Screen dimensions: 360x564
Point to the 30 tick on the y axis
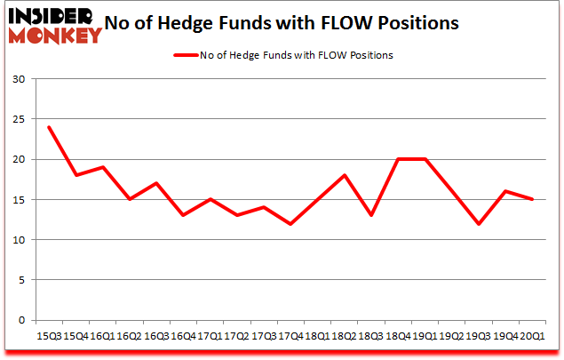pos(19,80)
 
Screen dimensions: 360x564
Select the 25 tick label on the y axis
pos(19,120)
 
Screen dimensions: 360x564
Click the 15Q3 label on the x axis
pos(49,336)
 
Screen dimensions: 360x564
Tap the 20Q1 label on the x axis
pos(531,336)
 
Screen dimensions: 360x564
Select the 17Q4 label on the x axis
pos(290,336)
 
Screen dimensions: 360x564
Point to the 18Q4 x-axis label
pos(397,336)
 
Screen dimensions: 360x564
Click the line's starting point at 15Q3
pos(49,127)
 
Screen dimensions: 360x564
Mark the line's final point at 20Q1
pos(531,199)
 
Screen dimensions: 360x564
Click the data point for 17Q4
pos(290,223)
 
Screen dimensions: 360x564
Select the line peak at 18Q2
pos(344,175)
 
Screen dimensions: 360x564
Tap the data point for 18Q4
pos(397,159)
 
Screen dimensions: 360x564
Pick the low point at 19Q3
pos(478,223)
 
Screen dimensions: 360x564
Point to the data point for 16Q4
pos(183,215)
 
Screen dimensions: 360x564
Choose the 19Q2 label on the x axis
pos(450,336)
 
